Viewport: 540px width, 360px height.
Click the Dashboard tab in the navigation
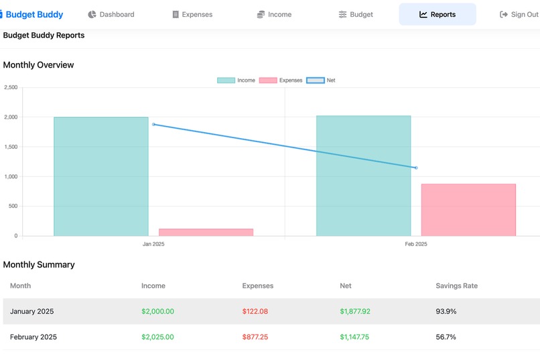coord(111,14)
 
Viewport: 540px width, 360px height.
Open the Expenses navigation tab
coord(192,14)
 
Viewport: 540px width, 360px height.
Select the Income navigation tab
coord(274,14)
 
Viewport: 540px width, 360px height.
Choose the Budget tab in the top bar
coord(356,14)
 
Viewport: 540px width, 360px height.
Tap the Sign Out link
coord(519,14)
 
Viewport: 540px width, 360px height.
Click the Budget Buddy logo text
coord(34,14)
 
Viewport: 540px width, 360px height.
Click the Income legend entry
coord(237,80)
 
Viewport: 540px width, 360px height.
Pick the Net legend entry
coord(321,80)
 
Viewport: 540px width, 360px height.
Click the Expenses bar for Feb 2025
coord(468,210)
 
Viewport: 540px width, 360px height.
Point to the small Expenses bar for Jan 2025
coord(206,232)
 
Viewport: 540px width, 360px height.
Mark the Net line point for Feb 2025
coord(416,168)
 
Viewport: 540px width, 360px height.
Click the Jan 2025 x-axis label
coord(153,244)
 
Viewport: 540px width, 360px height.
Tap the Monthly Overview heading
coord(38,65)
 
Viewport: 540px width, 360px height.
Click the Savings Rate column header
coord(456,286)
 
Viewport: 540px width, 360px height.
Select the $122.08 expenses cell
coord(255,311)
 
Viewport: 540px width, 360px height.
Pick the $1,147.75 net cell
coord(355,337)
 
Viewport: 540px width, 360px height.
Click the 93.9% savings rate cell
coord(446,311)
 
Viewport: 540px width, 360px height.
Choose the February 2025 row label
coord(33,337)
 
